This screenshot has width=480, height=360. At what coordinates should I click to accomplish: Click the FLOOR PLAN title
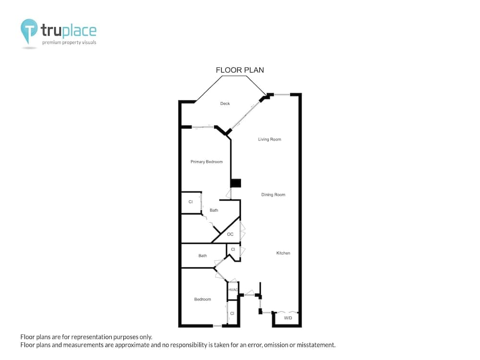point(240,70)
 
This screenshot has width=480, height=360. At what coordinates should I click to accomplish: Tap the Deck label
point(225,104)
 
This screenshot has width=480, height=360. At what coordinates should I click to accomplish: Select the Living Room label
point(269,139)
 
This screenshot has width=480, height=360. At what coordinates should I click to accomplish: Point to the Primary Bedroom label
point(206,162)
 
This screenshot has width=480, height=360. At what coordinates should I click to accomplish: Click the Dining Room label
point(273,195)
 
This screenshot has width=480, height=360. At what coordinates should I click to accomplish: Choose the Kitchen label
point(283,253)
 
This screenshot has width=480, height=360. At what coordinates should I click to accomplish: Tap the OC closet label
point(230,234)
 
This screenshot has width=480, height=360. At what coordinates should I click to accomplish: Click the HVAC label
point(233,289)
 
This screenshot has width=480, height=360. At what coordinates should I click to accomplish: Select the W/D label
point(288,318)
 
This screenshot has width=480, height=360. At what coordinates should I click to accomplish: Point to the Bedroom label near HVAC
point(203,299)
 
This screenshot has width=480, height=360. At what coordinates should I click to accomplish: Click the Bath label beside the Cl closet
point(214,210)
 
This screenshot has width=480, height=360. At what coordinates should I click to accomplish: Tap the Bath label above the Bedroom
point(203,256)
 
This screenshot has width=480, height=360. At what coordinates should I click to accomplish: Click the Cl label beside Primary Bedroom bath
point(191,202)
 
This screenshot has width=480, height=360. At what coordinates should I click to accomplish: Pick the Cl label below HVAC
point(232,313)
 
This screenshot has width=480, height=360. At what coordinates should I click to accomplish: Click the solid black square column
point(236,183)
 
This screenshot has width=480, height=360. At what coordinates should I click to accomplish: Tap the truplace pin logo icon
point(29,31)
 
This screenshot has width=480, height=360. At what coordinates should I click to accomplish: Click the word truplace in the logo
point(69,30)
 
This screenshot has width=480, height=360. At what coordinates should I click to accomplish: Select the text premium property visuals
point(69,42)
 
